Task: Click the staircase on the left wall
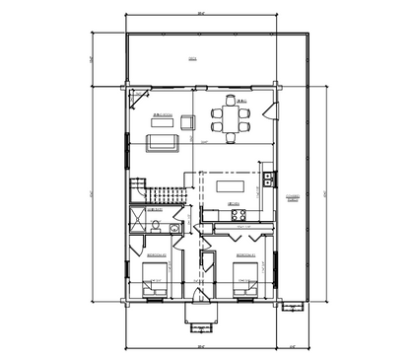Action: tap(148, 191)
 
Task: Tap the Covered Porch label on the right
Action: tap(292, 198)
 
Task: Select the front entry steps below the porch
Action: tap(201, 314)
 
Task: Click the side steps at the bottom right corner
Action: tap(293, 306)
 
